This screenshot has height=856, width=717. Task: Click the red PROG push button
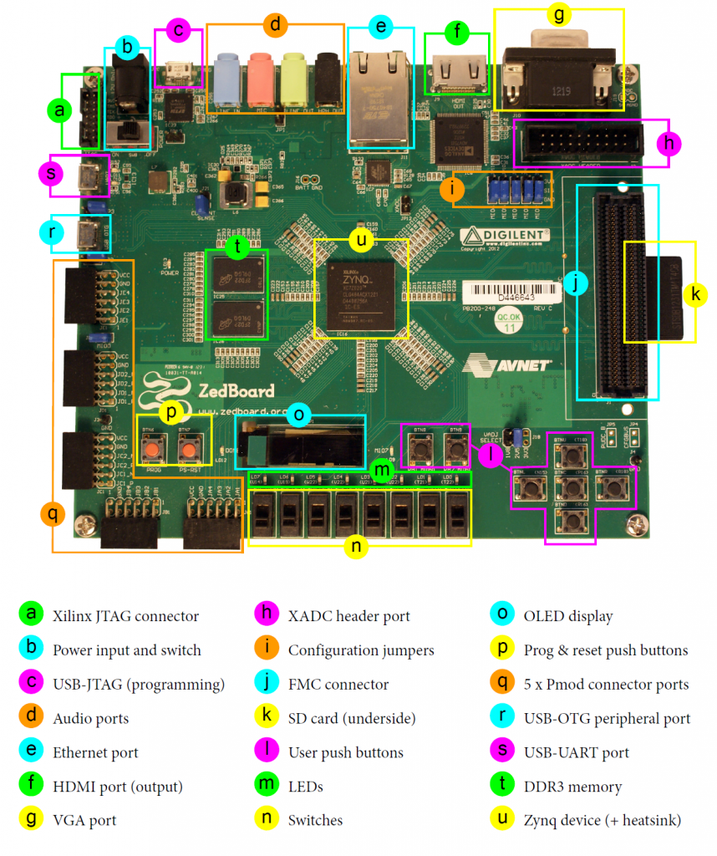pos(153,452)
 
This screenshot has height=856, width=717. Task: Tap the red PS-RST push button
pos(189,452)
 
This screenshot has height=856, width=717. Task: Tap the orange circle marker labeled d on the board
pos(275,24)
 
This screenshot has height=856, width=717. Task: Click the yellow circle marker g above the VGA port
pos(559,14)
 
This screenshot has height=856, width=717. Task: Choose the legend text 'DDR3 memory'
pos(572,787)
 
